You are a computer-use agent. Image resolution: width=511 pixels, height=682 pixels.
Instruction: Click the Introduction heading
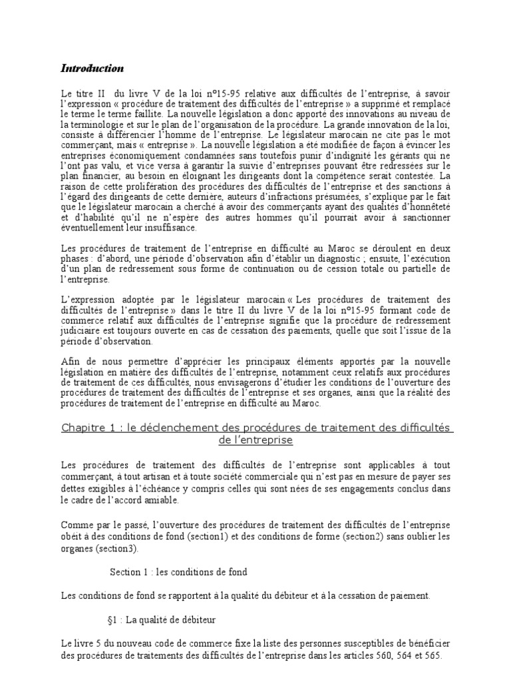pos(92,68)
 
